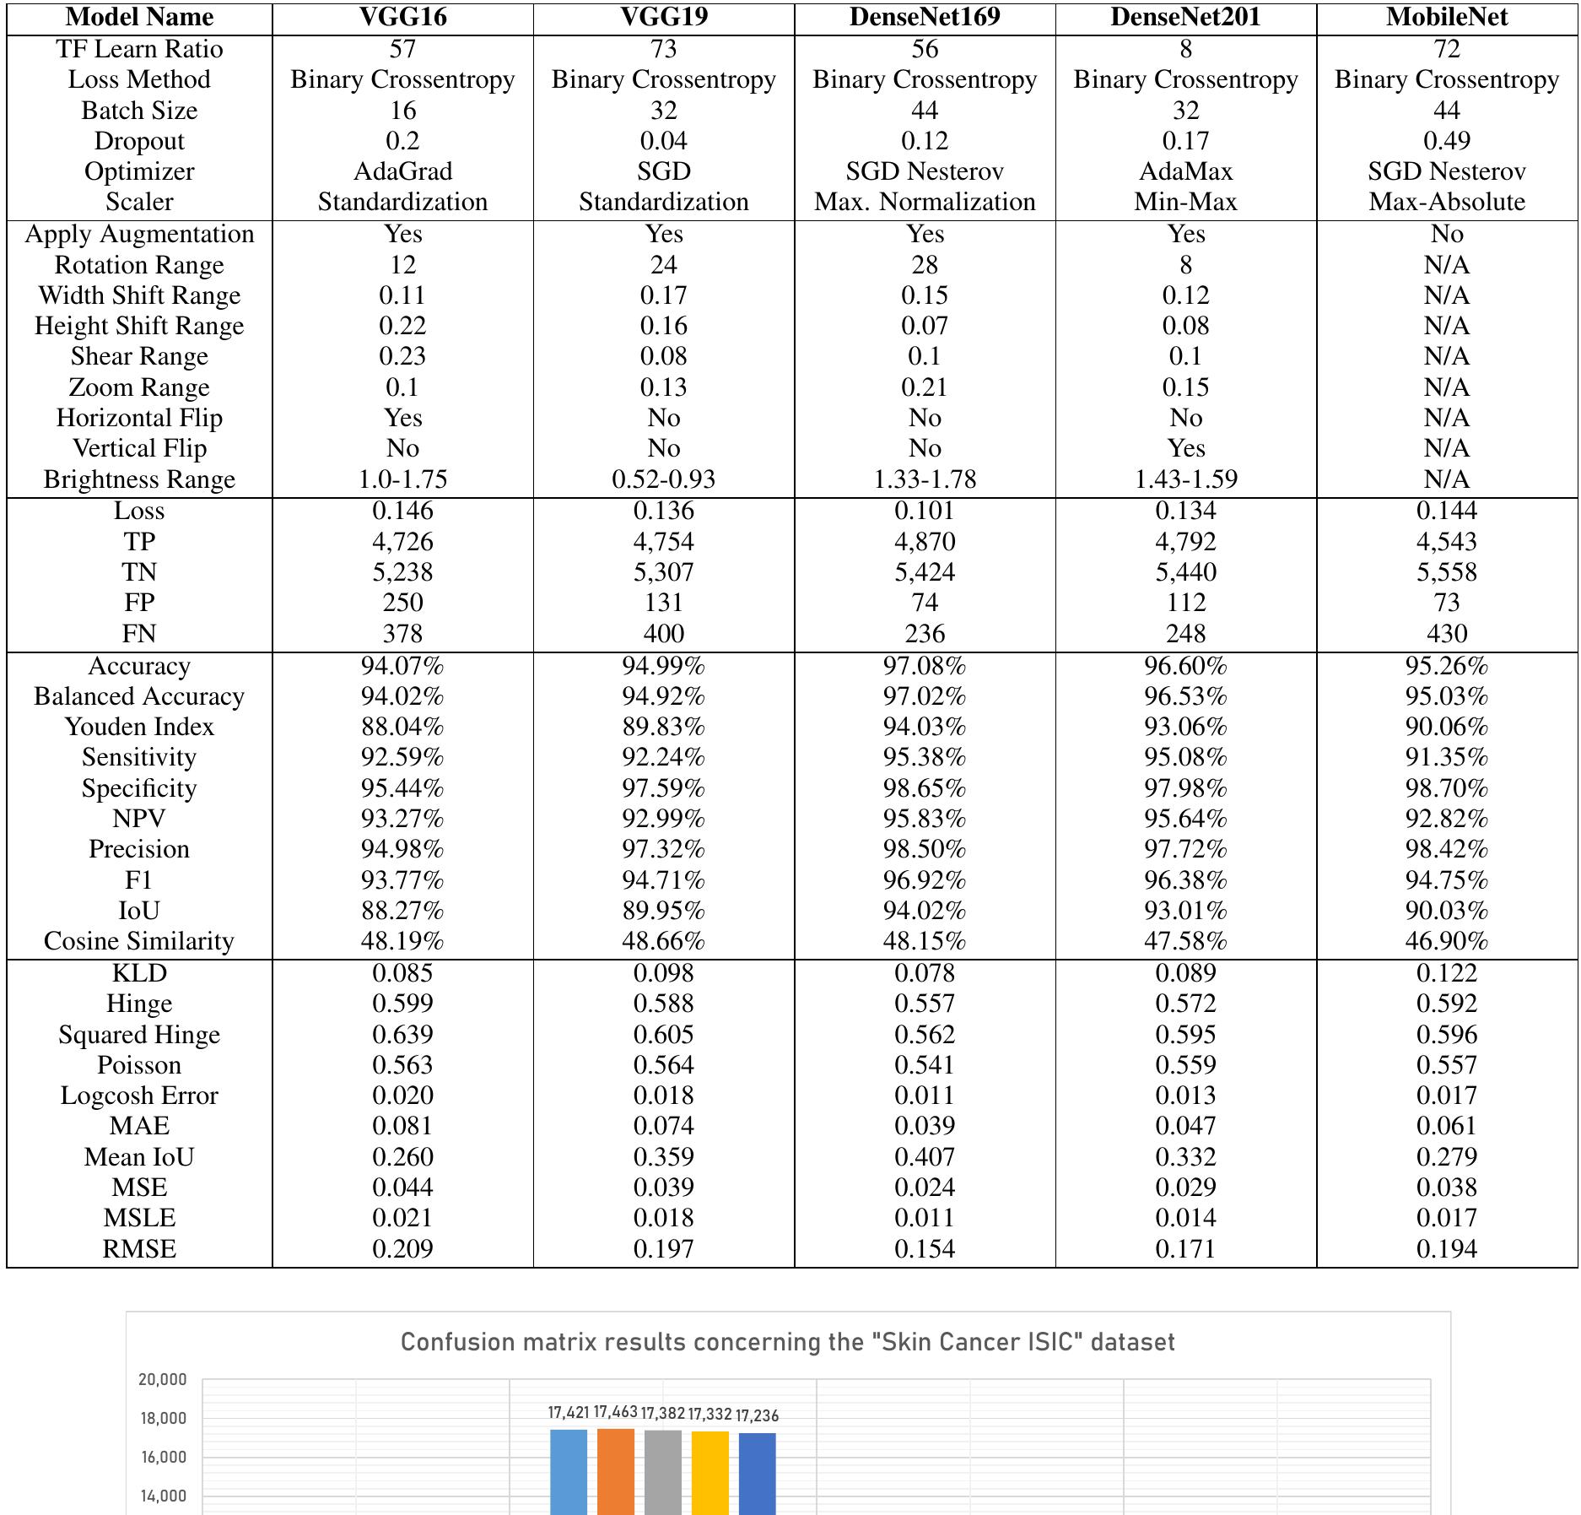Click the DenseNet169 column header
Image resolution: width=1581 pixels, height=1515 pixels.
(925, 17)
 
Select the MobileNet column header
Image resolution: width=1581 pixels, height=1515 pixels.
(1446, 17)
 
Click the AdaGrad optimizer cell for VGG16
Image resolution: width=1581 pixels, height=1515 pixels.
(402, 171)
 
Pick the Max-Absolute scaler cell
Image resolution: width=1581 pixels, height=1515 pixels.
(1446, 202)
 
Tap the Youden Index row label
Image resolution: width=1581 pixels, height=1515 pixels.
(139, 727)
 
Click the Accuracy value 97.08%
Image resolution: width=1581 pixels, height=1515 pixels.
(925, 666)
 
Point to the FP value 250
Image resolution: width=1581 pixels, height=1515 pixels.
(402, 603)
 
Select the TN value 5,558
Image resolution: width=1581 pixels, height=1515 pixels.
(1446, 572)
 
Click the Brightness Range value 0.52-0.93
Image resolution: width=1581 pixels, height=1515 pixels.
(663, 479)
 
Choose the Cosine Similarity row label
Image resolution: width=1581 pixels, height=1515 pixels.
(139, 941)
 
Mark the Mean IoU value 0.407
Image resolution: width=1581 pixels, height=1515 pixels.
(925, 1157)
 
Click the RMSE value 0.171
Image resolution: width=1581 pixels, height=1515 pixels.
(1185, 1249)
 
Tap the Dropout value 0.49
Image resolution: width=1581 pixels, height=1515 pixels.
(1446, 141)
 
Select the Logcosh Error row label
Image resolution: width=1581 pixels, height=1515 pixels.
(139, 1096)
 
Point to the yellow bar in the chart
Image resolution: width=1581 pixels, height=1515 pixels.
(710, 1472)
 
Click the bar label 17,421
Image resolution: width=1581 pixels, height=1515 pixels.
(568, 1412)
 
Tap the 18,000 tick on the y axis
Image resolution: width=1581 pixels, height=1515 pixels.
(163, 1418)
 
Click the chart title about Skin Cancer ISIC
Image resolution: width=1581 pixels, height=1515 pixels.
(787, 1342)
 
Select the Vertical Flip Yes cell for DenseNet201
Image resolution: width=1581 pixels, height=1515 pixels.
(1185, 448)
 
